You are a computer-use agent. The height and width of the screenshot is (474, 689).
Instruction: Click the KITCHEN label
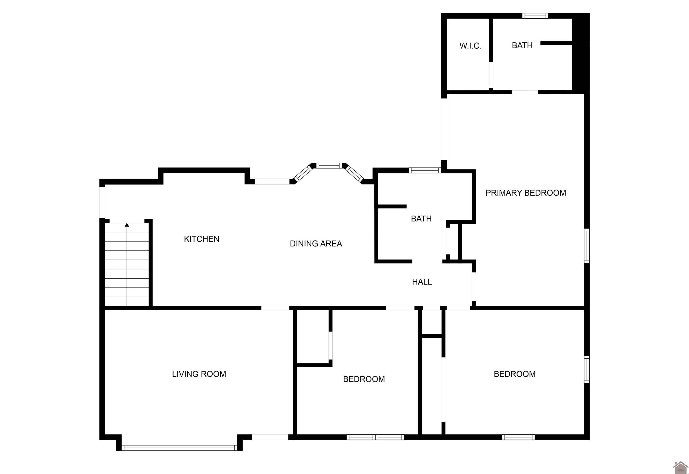[x=202, y=239]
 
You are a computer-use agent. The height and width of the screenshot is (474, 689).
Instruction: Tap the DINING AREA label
[x=316, y=244]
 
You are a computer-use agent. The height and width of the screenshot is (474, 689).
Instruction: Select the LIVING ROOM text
[x=199, y=374]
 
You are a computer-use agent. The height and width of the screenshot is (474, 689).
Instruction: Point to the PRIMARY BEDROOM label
[x=525, y=193]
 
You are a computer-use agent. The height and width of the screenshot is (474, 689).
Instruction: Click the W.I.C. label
[x=470, y=46]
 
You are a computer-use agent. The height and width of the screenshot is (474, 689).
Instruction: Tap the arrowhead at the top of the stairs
[x=127, y=225]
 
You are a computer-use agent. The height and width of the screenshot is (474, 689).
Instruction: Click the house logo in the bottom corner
[x=680, y=467]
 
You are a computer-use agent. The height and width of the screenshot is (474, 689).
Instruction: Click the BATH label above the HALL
[x=421, y=219]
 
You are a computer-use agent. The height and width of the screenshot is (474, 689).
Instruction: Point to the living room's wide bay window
[x=179, y=448]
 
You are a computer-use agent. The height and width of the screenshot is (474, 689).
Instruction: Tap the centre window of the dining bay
[x=329, y=165]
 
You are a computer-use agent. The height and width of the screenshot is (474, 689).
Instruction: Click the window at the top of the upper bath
[x=535, y=16]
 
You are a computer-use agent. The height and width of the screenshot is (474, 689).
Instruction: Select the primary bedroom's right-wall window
[x=587, y=245]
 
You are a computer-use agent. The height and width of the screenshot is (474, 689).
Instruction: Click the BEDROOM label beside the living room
[x=364, y=379]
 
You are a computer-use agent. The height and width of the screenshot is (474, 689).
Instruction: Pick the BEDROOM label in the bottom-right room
[x=515, y=374]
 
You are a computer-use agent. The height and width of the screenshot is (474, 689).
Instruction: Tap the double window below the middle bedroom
[x=375, y=437]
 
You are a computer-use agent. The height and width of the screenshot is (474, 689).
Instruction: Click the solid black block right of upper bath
[x=580, y=54]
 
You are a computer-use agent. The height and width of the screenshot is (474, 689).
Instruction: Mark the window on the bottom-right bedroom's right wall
[x=587, y=370]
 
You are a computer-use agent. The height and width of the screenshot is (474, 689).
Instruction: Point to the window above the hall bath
[x=425, y=170]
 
